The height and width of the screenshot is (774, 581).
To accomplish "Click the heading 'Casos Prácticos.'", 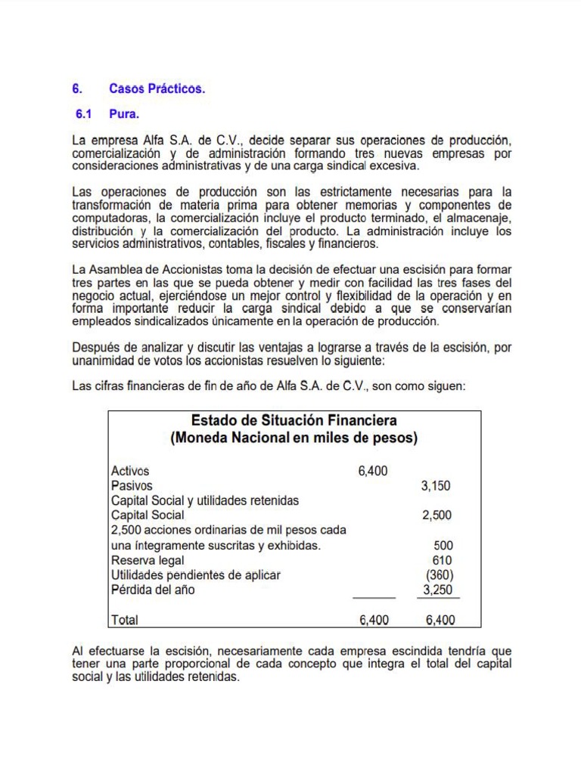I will (157, 89).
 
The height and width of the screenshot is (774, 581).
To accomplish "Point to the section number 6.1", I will (83, 115).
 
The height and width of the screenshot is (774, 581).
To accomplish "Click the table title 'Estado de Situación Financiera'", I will (294, 420).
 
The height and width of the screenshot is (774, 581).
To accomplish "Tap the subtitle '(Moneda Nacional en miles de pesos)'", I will (294, 438).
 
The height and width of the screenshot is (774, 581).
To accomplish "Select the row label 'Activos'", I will (130, 471).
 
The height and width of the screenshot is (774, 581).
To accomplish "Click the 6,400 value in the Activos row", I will (372, 471).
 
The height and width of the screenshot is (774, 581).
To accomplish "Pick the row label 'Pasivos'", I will (132, 486).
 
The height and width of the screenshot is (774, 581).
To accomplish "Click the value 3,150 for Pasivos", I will (436, 486).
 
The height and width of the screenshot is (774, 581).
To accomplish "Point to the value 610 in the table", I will (443, 560).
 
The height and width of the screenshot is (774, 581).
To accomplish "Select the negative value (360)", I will (439, 574).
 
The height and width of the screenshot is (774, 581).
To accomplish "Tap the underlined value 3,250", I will (437, 590).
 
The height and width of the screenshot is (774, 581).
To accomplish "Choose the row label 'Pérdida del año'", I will (153, 590).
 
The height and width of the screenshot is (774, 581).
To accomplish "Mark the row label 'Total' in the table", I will (125, 620).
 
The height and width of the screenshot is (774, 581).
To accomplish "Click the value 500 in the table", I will (443, 545).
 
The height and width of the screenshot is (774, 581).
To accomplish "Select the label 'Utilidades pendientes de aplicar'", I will (195, 574).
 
